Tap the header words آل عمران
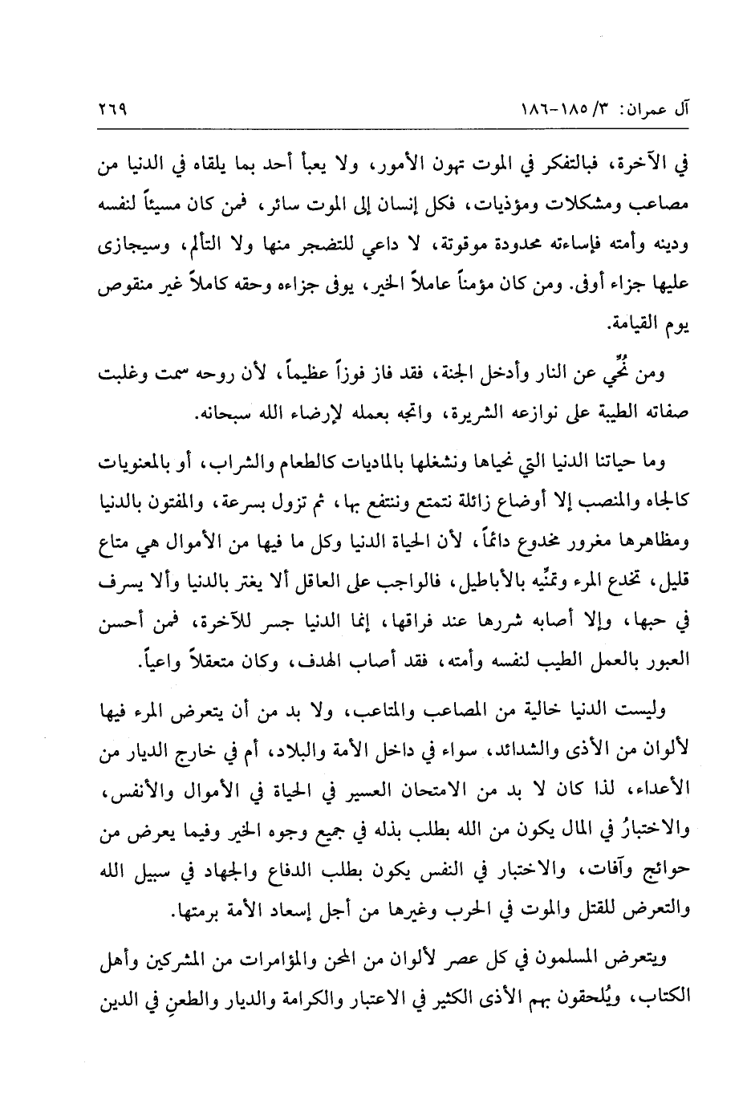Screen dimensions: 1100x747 (651, 106)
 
